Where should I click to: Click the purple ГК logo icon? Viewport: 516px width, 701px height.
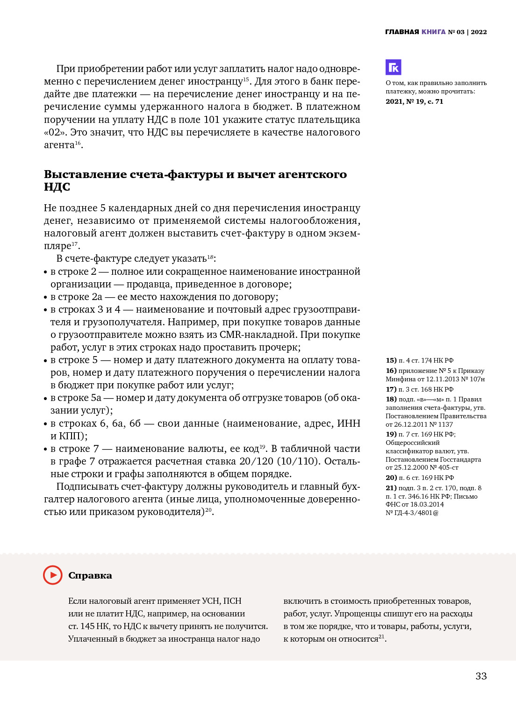click(x=394, y=67)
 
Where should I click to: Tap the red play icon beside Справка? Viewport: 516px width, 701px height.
click(x=53, y=575)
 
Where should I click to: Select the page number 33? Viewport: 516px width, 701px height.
click(x=481, y=676)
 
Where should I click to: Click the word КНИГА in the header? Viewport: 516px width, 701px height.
click(x=433, y=32)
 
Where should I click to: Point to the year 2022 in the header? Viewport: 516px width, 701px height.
click(x=479, y=32)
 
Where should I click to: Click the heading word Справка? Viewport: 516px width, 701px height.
click(x=90, y=575)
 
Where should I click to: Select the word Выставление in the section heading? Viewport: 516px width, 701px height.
click(x=86, y=174)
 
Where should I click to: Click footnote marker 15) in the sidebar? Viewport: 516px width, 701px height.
click(x=391, y=360)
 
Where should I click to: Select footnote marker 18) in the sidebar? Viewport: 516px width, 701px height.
click(x=391, y=399)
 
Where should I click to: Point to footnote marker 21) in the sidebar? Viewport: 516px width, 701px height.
click(x=391, y=488)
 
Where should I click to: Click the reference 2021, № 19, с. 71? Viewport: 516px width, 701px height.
click(x=414, y=101)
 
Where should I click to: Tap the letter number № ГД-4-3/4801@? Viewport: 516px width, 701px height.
click(x=412, y=513)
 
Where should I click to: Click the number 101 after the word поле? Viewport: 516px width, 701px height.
click(x=211, y=120)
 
